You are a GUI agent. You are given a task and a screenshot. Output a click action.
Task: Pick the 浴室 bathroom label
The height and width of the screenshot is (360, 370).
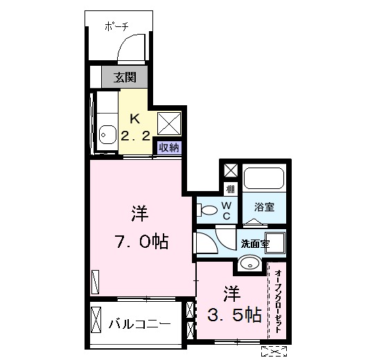pyautogui.click(x=264, y=207)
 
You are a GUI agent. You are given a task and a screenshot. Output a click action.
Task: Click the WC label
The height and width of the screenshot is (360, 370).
pyautogui.click(x=227, y=210)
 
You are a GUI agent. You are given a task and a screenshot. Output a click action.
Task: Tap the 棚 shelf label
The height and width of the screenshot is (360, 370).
pyautogui.click(x=229, y=188)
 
